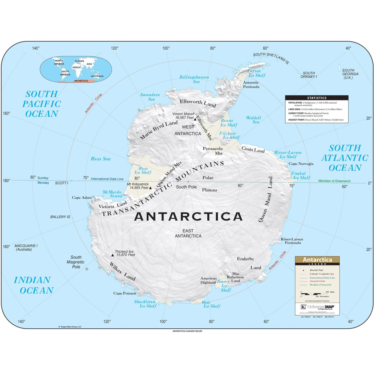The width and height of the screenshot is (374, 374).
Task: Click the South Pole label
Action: [x=186, y=187]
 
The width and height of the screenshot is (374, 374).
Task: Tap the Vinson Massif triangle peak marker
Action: [x=195, y=119]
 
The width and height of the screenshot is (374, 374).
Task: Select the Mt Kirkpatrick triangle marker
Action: [x=150, y=188]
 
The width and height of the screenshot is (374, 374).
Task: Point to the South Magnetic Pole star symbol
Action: [x=87, y=269]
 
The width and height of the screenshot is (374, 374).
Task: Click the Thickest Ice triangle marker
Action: [x=112, y=255]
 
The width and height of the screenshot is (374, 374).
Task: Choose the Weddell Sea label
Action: [x=254, y=120]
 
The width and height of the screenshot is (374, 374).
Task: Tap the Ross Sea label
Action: [x=100, y=159]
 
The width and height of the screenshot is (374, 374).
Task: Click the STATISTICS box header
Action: [x=317, y=98]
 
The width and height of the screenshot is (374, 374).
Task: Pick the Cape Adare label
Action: [x=82, y=198]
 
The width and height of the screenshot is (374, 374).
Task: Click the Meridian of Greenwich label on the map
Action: [x=334, y=181]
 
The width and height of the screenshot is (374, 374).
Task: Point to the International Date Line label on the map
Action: [x=107, y=179]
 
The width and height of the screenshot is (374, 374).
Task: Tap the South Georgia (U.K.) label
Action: [x=350, y=74]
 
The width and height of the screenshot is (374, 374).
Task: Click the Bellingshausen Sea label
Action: [x=194, y=79]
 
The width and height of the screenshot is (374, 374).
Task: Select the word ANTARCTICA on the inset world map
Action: [x=81, y=81]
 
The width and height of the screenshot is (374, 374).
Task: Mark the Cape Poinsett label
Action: [x=125, y=293]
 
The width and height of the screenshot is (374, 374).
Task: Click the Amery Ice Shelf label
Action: [x=224, y=286]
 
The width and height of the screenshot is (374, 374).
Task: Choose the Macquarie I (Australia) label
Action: [x=26, y=248]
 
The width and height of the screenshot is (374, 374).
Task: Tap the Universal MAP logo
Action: [x=318, y=307]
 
